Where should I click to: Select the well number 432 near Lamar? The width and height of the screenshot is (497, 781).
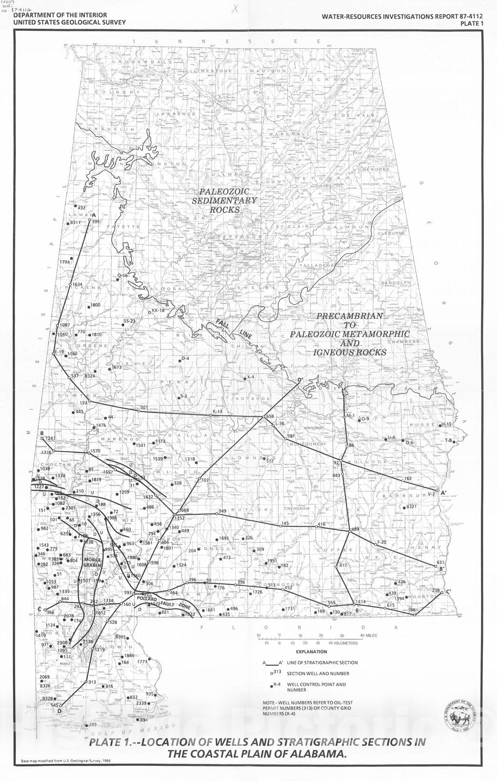[81, 208]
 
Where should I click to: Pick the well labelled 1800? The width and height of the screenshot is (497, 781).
[95, 305]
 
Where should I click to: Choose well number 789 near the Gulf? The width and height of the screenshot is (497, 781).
[92, 725]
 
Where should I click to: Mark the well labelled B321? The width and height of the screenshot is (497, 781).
[411, 507]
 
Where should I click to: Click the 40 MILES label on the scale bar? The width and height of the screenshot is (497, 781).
[368, 636]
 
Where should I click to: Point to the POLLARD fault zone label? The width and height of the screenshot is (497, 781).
[146, 599]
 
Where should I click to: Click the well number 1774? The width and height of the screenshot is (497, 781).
[65, 262]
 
